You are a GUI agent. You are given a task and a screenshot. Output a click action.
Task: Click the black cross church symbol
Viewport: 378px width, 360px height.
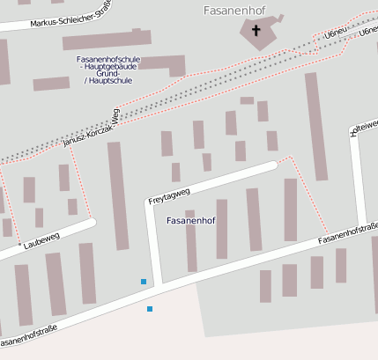257,31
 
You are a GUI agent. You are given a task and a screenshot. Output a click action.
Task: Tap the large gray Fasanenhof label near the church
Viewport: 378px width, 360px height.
230,11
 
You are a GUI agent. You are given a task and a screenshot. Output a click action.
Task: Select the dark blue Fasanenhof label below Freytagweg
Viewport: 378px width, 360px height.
191,219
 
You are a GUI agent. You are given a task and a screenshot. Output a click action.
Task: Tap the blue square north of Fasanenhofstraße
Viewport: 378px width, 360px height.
144,282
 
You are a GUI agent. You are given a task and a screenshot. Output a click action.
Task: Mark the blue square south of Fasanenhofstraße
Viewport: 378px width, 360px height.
150,309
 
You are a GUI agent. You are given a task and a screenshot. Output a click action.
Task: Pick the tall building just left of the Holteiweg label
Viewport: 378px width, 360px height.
316,126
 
